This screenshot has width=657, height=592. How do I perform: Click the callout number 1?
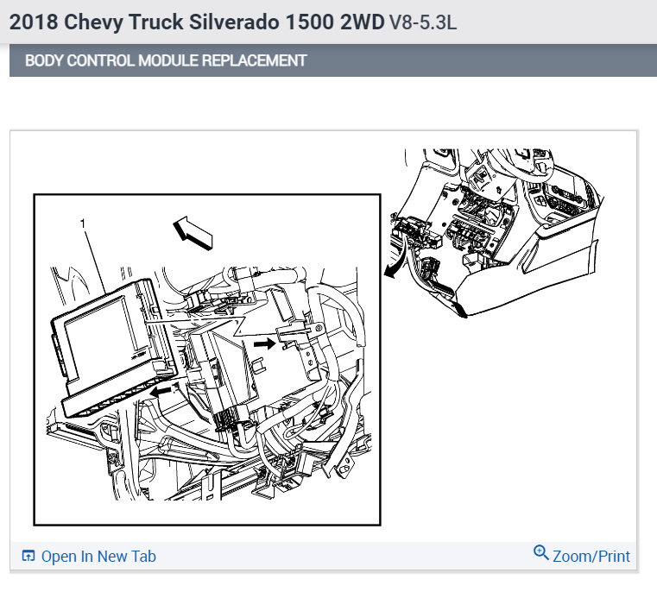click(x=83, y=223)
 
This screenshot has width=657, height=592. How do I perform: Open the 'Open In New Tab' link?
click(x=98, y=557)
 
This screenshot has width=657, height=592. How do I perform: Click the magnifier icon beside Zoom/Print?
click(x=541, y=552)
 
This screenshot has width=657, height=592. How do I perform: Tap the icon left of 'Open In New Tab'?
click(x=28, y=557)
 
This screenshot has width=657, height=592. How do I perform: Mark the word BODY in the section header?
click(x=41, y=61)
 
